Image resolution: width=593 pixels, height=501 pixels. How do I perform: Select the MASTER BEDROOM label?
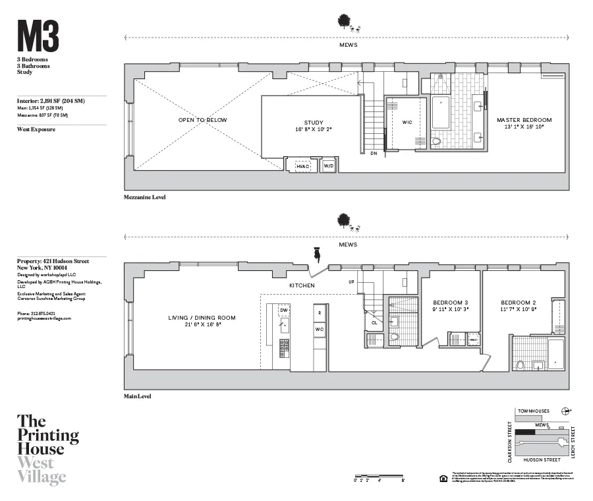[x=524, y=120]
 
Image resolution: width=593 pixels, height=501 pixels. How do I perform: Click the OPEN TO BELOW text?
[x=202, y=120]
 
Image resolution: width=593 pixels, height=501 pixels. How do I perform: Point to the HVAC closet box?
[x=302, y=167]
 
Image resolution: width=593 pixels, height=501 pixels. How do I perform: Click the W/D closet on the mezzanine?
[x=328, y=167]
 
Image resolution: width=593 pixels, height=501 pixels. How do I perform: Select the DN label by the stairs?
[x=374, y=154]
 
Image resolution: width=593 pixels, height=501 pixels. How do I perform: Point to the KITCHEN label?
[x=301, y=285]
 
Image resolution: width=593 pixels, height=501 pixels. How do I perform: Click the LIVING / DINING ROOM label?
[x=202, y=318]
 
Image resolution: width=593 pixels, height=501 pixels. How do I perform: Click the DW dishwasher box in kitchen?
[x=283, y=310]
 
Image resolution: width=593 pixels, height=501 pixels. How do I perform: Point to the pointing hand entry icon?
[x=316, y=254]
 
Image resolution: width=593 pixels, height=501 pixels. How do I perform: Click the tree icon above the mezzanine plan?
[x=343, y=22]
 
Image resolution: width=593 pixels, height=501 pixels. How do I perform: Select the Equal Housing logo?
[x=443, y=477]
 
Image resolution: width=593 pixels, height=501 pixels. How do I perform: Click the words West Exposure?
[x=36, y=130]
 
